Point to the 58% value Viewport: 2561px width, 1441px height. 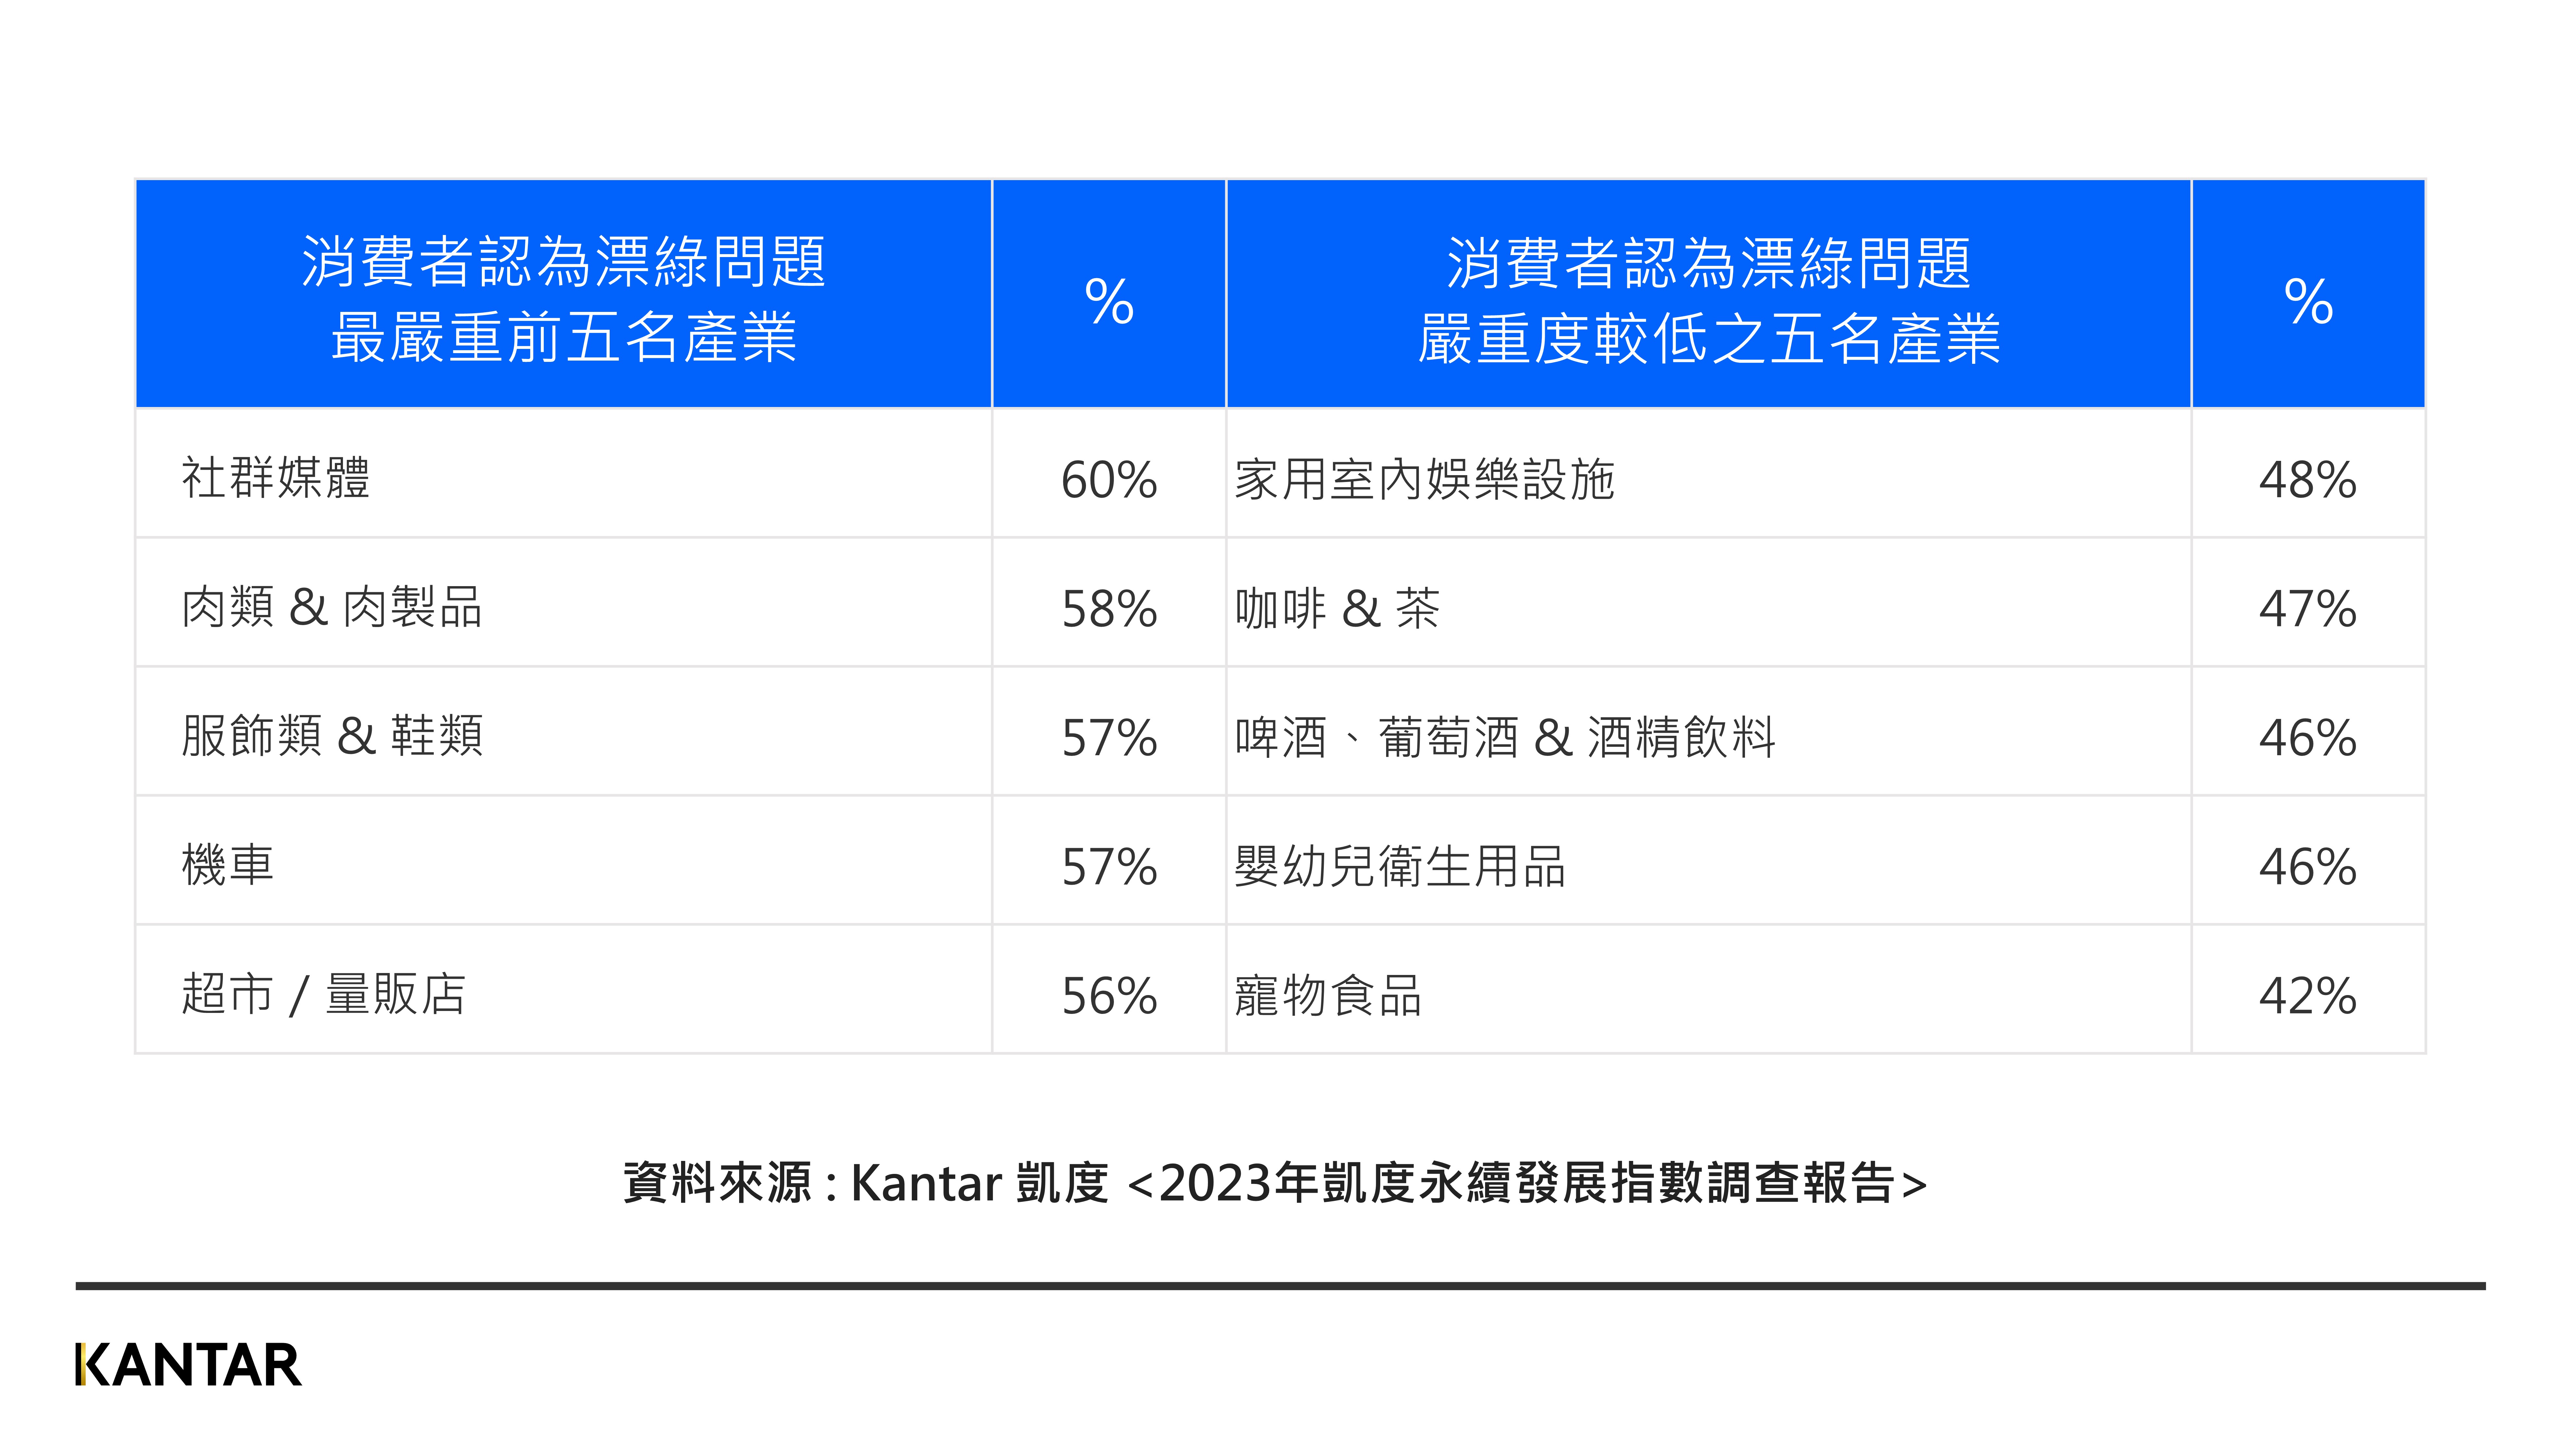coord(1108,609)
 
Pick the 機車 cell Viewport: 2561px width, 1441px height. coord(228,864)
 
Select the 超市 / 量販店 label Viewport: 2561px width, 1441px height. coord(323,993)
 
